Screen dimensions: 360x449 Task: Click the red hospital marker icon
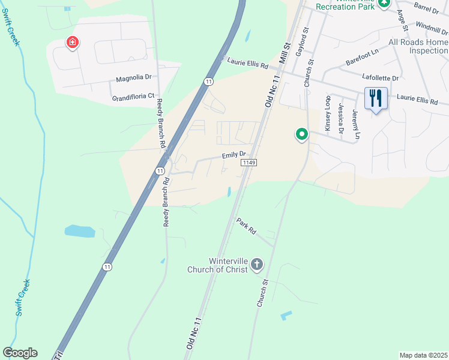[72, 43]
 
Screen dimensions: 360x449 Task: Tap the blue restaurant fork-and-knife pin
[375, 97]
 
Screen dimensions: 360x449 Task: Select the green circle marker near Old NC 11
[301, 134]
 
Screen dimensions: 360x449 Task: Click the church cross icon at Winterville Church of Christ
[256, 264]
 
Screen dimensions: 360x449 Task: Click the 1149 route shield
[249, 163]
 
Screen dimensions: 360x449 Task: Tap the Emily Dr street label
[234, 154]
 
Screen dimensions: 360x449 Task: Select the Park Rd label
[246, 226]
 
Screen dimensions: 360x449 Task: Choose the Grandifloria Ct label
[133, 96]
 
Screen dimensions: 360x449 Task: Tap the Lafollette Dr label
[381, 78]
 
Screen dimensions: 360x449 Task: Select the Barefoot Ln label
[362, 58]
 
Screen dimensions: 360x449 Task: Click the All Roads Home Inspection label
[418, 46]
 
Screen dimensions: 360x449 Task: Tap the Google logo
[20, 353]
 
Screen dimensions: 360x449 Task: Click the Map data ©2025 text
[423, 355]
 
